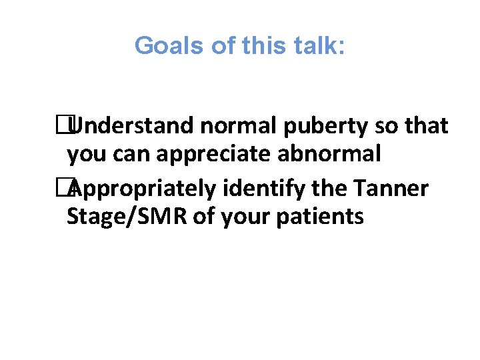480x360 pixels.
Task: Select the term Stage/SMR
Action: pos(127,217)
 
